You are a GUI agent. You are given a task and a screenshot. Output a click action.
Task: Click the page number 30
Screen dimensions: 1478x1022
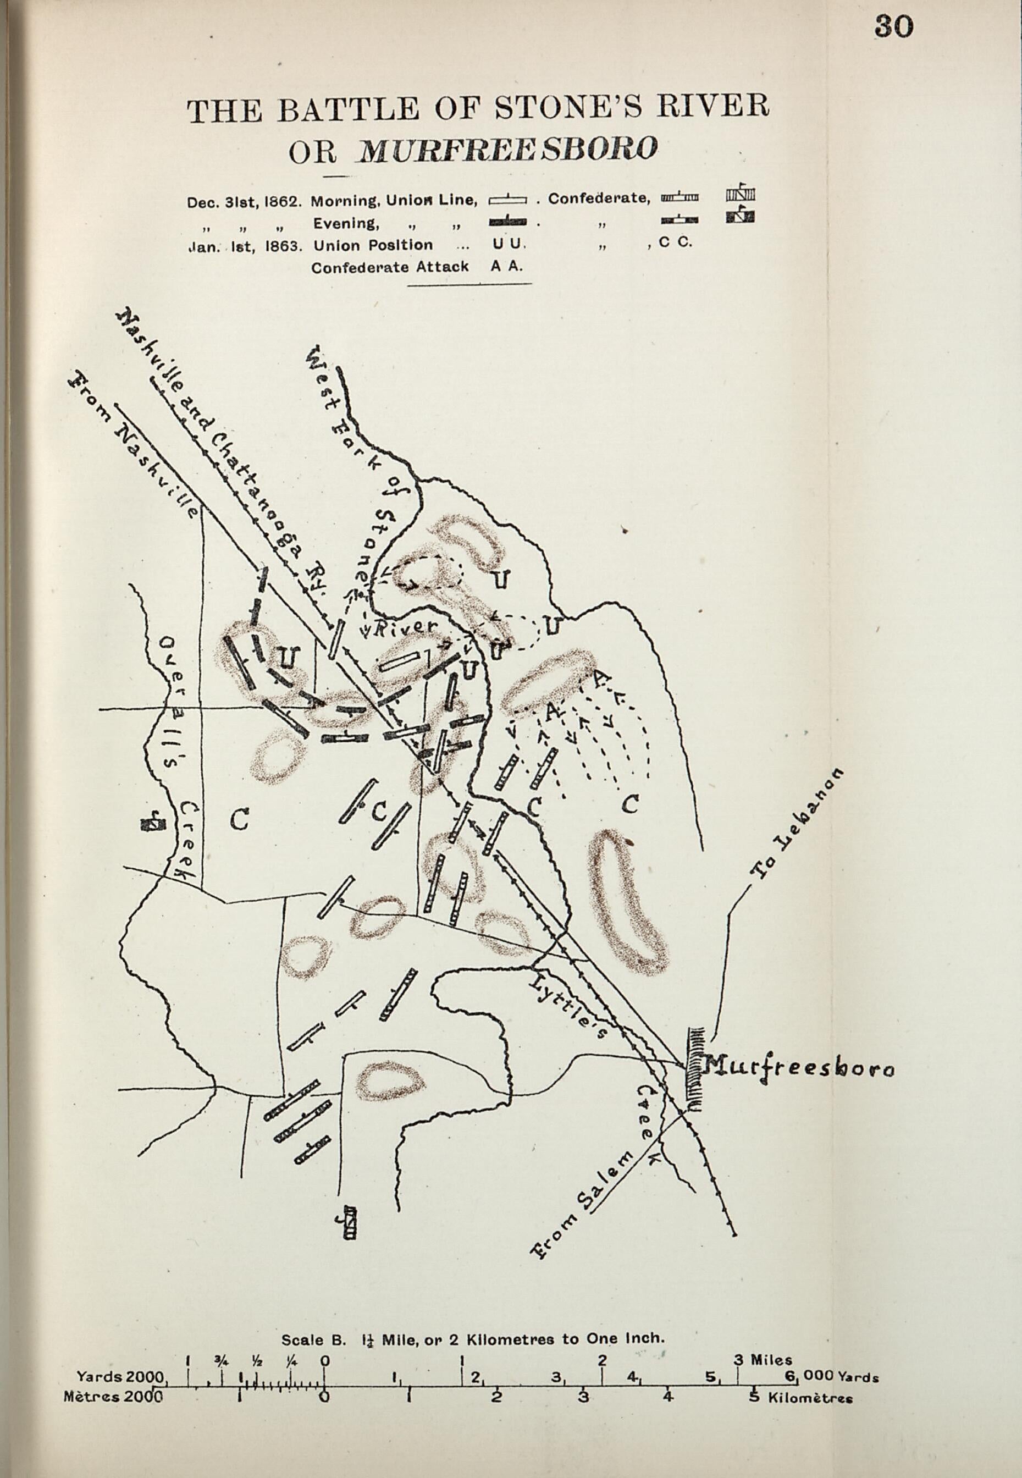point(894,26)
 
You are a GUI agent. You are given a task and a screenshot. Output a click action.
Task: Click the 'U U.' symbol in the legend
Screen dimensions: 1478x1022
point(509,245)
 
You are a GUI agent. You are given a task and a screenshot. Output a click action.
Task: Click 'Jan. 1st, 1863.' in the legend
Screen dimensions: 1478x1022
point(244,246)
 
